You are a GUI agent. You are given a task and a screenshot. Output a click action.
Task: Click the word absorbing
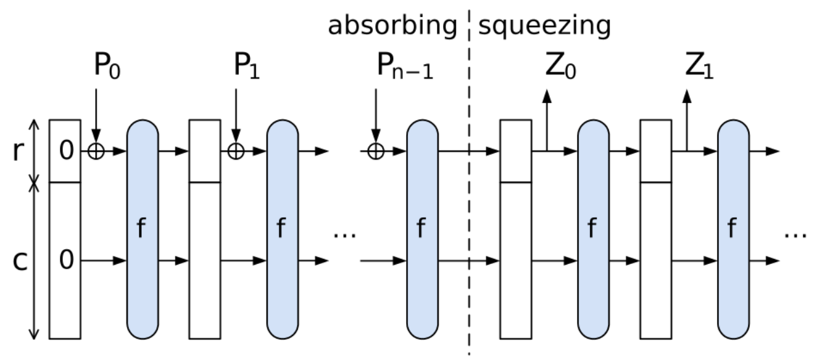[392, 26]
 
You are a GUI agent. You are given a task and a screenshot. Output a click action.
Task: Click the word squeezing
[545, 26]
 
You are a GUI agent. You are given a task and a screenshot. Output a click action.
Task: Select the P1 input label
[246, 67]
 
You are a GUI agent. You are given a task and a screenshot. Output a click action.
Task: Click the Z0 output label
[558, 67]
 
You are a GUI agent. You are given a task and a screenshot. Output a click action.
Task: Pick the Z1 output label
[699, 67]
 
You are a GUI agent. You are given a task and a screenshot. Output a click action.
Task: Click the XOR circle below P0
[96, 151]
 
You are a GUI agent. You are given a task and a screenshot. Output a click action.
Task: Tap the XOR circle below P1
[236, 151]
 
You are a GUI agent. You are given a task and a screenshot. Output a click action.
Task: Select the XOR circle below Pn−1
[376, 151]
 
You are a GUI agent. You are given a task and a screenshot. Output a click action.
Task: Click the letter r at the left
[20, 151]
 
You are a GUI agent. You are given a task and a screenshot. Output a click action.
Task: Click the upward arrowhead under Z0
[547, 96]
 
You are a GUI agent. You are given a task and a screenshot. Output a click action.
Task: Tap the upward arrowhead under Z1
[687, 96]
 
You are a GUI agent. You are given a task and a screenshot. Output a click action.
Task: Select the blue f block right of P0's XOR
[142, 228]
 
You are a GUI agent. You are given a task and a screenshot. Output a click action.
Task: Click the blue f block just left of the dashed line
[422, 228]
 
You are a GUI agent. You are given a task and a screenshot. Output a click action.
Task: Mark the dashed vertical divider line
[469, 195]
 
